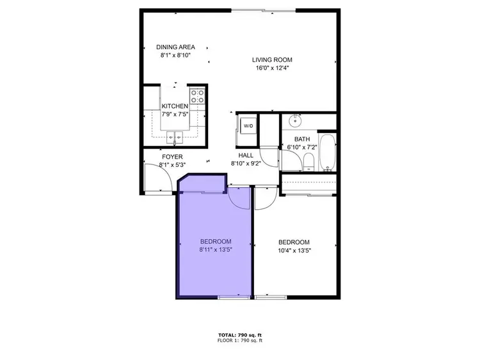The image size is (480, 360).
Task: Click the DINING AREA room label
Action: (175, 47)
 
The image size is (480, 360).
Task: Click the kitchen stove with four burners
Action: (197, 97)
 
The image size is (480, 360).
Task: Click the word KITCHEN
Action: (175, 106)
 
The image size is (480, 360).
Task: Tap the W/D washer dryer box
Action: (248, 125)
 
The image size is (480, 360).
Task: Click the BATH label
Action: (301, 139)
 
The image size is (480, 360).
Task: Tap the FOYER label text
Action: (172, 157)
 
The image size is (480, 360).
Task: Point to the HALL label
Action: (246, 155)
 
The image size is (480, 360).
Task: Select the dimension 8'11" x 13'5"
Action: (215, 249)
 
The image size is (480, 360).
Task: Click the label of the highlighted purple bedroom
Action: (215, 241)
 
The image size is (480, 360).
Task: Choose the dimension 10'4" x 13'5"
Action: (294, 251)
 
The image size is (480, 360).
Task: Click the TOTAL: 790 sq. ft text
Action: (240, 335)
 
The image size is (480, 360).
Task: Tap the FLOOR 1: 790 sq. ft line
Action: (240, 341)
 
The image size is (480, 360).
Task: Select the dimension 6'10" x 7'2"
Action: (302, 147)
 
